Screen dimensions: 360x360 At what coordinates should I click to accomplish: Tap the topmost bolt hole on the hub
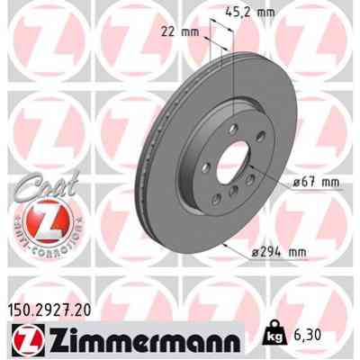[235, 133]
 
